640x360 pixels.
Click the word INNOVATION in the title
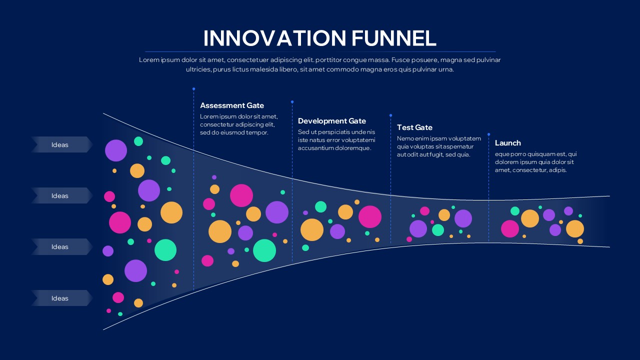pos(274,38)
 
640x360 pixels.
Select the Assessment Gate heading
pos(232,105)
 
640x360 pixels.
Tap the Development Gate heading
pos(332,121)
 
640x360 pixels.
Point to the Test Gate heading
pos(414,127)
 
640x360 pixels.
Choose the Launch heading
pos(508,143)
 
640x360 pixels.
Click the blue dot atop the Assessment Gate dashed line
pos(193,89)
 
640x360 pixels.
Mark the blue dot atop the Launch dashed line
pos(488,134)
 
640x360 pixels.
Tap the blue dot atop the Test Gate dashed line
pos(390,115)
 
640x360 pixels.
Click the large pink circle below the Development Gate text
pos(370,216)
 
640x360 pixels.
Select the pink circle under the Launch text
pos(510,228)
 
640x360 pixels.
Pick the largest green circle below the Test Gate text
pos(438,230)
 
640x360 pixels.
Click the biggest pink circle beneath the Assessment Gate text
pos(241,195)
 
